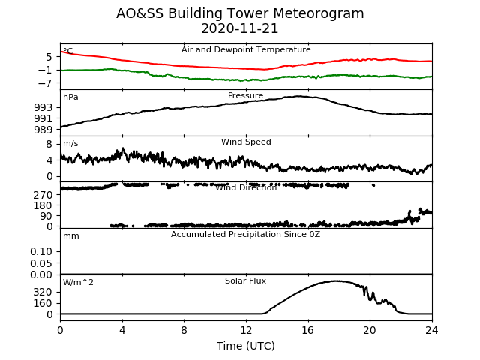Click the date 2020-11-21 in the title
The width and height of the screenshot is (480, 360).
pyautogui.click(x=240, y=29)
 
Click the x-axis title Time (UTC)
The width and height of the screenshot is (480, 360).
pyautogui.click(x=245, y=346)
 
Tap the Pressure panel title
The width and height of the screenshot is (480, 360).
pyautogui.click(x=246, y=96)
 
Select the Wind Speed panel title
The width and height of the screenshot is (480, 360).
pyautogui.click(x=246, y=142)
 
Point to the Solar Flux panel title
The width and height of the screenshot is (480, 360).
pyautogui.click(x=246, y=281)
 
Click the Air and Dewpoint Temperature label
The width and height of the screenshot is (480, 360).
pyautogui.click(x=246, y=50)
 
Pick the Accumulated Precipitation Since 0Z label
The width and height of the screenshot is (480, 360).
pyautogui.click(x=246, y=235)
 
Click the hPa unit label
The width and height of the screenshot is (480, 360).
pyautogui.click(x=70, y=97)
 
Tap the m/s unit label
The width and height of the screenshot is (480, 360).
pyautogui.click(x=70, y=144)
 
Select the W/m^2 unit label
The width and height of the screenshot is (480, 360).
pyautogui.click(x=78, y=283)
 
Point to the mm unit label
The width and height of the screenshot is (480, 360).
pyautogui.click(x=71, y=236)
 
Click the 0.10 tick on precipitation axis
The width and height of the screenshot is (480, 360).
pyautogui.click(x=42, y=251)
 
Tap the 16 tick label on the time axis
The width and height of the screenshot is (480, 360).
pyautogui.click(x=307, y=329)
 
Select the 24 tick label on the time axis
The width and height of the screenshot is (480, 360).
pyautogui.click(x=432, y=329)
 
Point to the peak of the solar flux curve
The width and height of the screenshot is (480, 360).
pyautogui.click(x=337, y=280)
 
